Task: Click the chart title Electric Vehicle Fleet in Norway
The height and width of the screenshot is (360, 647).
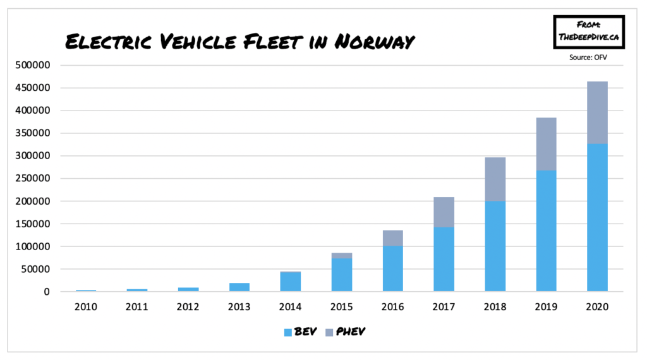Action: pos(240,42)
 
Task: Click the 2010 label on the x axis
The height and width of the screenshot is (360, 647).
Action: pos(86,307)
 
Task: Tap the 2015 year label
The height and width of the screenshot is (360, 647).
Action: pos(341,307)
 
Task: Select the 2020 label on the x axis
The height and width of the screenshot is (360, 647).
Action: pos(596,307)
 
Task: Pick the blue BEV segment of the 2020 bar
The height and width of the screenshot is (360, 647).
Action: pos(596,218)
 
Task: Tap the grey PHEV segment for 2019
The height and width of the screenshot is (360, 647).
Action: pos(546,143)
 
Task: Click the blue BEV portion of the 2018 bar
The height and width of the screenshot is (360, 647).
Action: pos(495,246)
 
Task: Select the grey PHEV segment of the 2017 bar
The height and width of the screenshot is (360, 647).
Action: pos(444,212)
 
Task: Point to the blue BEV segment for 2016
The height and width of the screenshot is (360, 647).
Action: pos(392,269)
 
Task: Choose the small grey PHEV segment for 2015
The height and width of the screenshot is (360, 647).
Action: pos(341,256)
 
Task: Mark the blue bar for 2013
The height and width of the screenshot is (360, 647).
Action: pos(239,287)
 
